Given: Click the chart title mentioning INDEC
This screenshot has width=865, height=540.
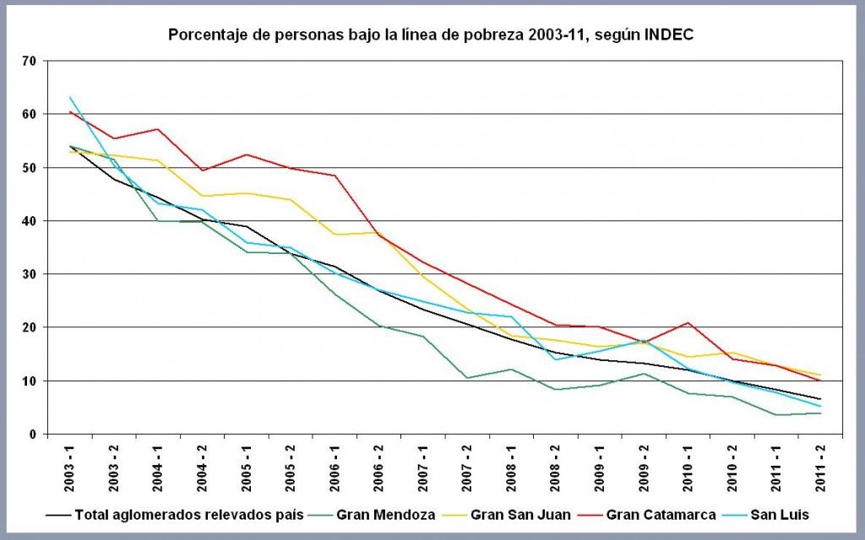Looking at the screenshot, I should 431,35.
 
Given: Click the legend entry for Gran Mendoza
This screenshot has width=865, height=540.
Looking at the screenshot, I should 386,513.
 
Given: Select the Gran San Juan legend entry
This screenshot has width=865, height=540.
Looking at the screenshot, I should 519,513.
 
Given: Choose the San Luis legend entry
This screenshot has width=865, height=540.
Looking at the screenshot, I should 781,513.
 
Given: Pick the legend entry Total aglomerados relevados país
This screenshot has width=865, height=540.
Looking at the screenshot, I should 188,513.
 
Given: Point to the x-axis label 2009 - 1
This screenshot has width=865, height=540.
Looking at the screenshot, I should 599,465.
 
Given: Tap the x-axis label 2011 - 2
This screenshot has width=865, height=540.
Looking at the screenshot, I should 819,465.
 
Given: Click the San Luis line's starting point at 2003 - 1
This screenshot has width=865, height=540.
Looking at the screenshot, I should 70,97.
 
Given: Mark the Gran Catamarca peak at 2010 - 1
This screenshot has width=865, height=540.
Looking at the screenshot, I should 688,323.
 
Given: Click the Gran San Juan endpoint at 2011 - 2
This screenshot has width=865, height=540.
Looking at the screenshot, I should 819,375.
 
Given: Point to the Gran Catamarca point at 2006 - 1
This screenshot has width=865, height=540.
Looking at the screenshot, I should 335,175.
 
